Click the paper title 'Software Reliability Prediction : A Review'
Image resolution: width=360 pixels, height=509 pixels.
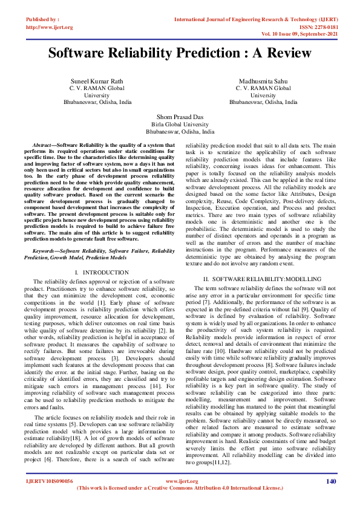(x=180, y=53)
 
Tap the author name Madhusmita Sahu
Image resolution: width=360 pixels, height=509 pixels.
(x=263, y=81)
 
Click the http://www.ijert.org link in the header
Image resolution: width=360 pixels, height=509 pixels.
(x=50, y=27)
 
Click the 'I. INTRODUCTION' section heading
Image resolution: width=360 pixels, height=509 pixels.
(x=97, y=273)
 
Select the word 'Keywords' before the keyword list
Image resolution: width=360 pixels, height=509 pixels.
(x=45, y=250)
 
